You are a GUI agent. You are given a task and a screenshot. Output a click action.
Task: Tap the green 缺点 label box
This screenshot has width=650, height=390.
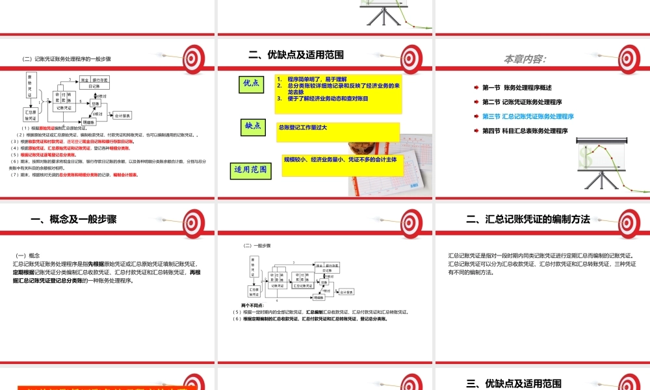click(x=252, y=126)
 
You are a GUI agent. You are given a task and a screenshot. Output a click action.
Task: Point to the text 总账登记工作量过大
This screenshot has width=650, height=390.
click(x=302, y=127)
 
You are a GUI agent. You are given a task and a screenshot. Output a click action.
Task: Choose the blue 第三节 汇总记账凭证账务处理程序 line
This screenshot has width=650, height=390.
click(x=528, y=116)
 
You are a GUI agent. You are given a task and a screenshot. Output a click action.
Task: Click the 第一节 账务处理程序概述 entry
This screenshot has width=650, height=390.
click(x=517, y=87)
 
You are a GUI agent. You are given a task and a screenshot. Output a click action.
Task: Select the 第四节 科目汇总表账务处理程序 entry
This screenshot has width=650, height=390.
click(x=525, y=131)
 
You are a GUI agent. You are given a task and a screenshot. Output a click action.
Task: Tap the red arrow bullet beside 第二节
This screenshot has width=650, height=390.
click(x=476, y=102)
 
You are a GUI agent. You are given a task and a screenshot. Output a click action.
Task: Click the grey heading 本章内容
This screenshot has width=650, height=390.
click(x=525, y=58)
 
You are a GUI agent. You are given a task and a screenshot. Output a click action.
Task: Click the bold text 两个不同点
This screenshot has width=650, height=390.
click(x=252, y=305)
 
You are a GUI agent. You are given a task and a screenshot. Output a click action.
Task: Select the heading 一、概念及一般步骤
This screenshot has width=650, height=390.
click(x=73, y=219)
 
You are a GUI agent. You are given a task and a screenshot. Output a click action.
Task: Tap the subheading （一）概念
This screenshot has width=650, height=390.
click(x=29, y=255)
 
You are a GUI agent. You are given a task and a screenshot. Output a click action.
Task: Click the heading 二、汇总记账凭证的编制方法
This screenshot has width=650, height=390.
click(x=528, y=219)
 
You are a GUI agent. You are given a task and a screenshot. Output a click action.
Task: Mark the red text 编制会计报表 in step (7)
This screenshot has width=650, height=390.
click(x=125, y=175)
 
